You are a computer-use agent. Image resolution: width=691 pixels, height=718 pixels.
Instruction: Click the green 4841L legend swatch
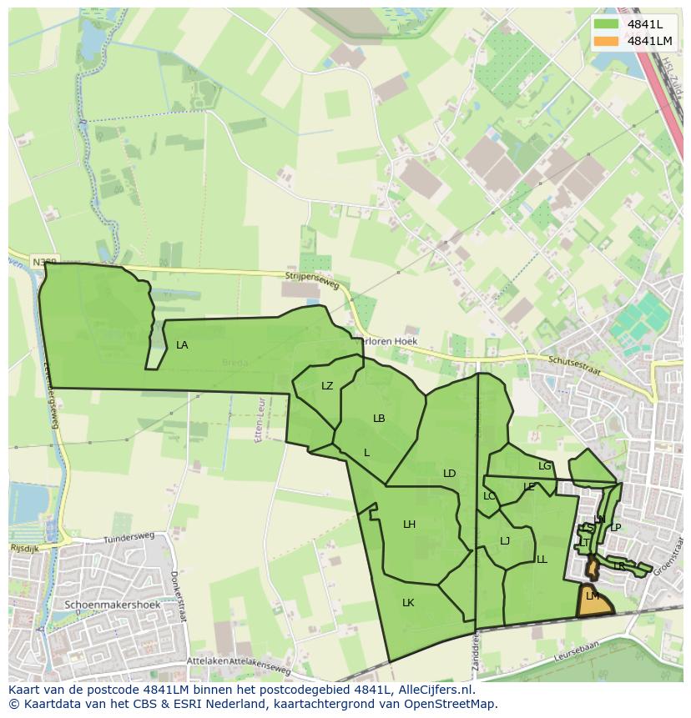click(x=606, y=24)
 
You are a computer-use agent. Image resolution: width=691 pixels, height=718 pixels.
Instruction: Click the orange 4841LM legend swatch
click(x=606, y=41)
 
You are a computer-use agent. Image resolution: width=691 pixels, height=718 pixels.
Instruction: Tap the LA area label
click(x=182, y=345)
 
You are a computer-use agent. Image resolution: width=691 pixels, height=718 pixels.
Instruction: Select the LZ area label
click(x=327, y=386)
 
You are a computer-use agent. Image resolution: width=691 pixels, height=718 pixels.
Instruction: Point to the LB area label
click(x=379, y=419)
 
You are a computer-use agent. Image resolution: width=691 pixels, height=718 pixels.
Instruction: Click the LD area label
click(x=449, y=474)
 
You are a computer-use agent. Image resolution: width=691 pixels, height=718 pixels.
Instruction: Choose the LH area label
click(x=409, y=525)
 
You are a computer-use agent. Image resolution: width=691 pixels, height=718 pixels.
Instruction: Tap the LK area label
click(x=408, y=603)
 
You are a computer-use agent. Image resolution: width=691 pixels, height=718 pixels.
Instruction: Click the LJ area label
click(x=505, y=541)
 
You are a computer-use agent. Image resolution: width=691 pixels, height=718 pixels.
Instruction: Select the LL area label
click(x=542, y=560)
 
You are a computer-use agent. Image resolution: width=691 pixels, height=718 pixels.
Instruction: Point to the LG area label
click(x=545, y=466)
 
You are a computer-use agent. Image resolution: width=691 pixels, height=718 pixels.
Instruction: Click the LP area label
click(x=616, y=528)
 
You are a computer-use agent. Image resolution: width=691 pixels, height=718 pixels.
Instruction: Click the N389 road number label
click(x=45, y=262)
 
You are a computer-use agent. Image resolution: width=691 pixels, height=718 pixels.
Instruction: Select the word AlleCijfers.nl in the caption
click(x=434, y=690)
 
